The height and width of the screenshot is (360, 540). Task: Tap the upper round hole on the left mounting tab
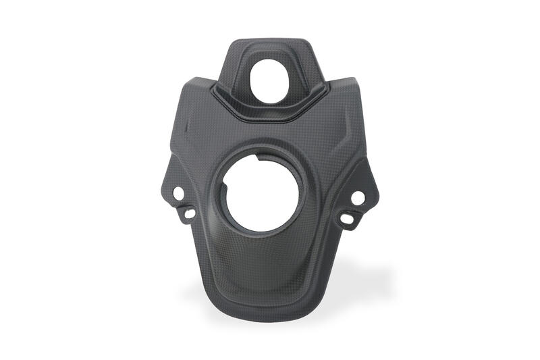(x=179, y=193)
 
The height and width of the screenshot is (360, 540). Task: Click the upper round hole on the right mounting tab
(x=358, y=197)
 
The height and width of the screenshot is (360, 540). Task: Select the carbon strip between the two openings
(x=270, y=135)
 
